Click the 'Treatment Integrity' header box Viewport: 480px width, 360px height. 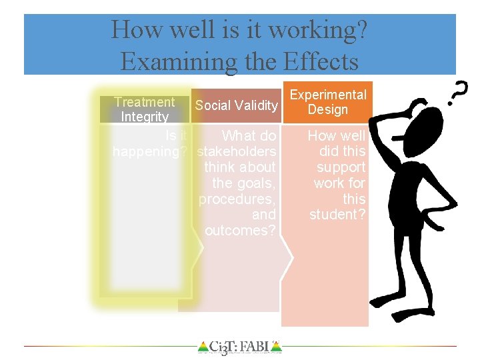144,109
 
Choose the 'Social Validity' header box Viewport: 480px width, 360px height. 236,105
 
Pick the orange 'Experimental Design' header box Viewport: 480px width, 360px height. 327,102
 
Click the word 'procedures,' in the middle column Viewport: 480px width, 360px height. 237,199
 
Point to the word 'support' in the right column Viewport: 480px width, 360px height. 341,167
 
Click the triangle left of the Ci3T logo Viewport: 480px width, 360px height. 203,347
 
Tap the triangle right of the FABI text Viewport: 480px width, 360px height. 277,347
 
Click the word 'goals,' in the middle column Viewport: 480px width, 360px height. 254,183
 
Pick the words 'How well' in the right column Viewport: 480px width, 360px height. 337,136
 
